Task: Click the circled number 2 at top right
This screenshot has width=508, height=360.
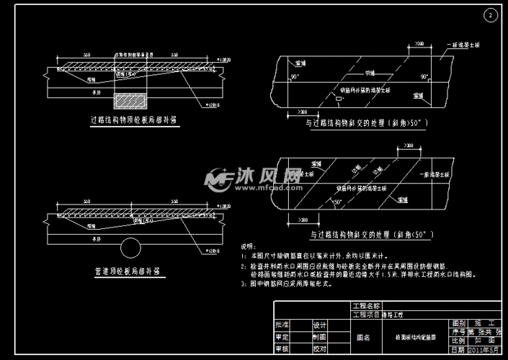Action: click(491, 15)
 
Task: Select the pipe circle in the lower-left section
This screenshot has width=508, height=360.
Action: click(130, 248)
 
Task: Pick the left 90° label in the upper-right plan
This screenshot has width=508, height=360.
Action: click(293, 76)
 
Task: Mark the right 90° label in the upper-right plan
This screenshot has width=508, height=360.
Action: click(424, 76)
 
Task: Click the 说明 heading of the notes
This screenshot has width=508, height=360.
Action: click(247, 245)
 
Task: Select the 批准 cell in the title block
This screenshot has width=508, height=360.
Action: click(282, 325)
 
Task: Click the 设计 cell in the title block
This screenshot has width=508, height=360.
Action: click(319, 325)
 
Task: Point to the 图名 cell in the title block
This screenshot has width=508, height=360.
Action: click(364, 337)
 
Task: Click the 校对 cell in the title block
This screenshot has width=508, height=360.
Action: click(319, 349)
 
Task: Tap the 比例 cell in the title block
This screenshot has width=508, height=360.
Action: click(457, 341)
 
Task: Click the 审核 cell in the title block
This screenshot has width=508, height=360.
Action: click(282, 349)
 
